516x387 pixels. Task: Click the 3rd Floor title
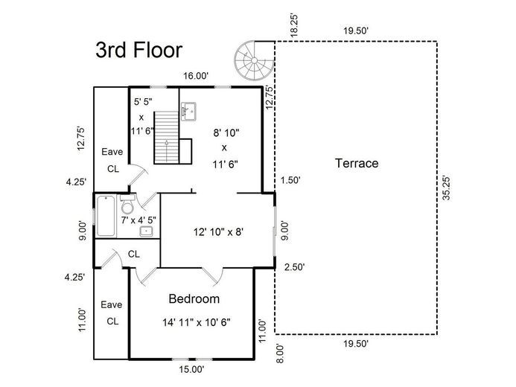[x=139, y=51]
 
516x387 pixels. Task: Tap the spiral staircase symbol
[x=254, y=60]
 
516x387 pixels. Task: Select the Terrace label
[x=357, y=163]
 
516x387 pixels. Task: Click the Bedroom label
[x=194, y=299]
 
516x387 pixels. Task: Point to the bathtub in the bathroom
[x=106, y=216]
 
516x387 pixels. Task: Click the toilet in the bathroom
[x=127, y=204]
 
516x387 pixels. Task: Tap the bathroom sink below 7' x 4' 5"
[x=146, y=231]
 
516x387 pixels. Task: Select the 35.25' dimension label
[x=447, y=188]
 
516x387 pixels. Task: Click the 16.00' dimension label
[x=196, y=76]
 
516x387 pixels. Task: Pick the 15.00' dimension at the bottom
[x=192, y=369]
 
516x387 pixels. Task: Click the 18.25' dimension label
[x=294, y=25]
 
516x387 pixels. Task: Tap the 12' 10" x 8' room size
[x=218, y=232]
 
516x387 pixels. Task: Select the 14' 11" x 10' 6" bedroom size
[x=197, y=322]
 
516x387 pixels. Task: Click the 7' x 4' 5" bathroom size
[x=138, y=220]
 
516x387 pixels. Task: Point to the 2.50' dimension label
[x=295, y=267]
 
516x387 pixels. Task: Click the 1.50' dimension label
[x=290, y=180]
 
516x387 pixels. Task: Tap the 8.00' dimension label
[x=280, y=354]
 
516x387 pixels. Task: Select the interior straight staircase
[x=167, y=137]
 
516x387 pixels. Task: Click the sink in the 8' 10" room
[x=188, y=111]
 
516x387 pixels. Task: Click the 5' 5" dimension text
[x=143, y=102]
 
